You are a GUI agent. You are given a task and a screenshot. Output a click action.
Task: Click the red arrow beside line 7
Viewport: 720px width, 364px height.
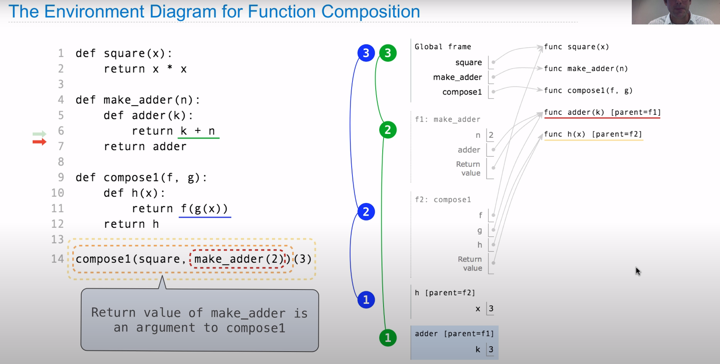pyautogui.click(x=40, y=142)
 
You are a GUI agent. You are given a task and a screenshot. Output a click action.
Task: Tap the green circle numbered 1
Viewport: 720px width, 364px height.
pyautogui.click(x=388, y=338)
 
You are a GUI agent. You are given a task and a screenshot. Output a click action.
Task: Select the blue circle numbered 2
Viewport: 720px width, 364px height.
pyautogui.click(x=366, y=212)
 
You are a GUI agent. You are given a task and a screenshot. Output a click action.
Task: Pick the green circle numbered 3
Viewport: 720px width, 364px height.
pyautogui.click(x=388, y=53)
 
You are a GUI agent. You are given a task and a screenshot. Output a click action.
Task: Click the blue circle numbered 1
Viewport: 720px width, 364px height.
pyautogui.click(x=366, y=300)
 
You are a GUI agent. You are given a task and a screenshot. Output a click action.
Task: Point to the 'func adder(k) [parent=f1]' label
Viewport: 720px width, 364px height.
pyautogui.click(x=602, y=113)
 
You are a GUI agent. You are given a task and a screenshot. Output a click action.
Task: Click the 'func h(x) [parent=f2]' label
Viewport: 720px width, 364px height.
pyautogui.click(x=593, y=134)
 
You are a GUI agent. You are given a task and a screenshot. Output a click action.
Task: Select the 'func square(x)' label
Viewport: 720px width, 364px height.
pyautogui.click(x=576, y=47)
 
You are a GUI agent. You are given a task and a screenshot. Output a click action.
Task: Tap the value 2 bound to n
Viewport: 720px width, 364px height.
pyautogui.click(x=491, y=135)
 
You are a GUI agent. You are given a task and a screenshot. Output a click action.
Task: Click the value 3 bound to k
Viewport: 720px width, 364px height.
pyautogui.click(x=491, y=349)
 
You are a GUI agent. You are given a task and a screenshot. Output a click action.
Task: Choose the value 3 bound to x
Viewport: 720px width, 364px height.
pyautogui.click(x=491, y=309)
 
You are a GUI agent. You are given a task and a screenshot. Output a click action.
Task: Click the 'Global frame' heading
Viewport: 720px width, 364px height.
pyautogui.click(x=443, y=47)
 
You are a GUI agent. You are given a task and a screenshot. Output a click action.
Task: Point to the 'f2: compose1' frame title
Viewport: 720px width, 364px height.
pyautogui.click(x=443, y=199)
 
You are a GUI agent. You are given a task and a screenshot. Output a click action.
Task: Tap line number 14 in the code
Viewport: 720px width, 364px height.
pyautogui.click(x=58, y=259)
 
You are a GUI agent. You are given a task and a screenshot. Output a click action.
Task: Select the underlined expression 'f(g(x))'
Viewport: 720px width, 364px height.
pyautogui.click(x=204, y=209)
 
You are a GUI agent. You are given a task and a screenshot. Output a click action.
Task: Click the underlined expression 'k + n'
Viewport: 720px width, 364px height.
pyautogui.click(x=198, y=131)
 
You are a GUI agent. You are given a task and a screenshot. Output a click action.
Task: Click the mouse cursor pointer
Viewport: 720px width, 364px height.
pyautogui.click(x=638, y=270)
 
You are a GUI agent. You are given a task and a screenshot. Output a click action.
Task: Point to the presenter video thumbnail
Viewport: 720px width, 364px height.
pyautogui.click(x=676, y=12)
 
